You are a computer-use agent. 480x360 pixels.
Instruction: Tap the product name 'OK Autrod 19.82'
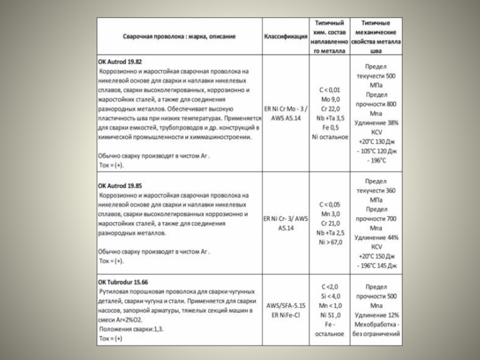coord(120,61)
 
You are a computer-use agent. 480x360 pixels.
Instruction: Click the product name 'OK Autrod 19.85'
coord(120,186)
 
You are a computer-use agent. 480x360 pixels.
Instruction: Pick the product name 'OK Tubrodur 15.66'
coord(124,281)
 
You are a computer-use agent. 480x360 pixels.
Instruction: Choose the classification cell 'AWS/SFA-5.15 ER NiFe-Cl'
coord(286,310)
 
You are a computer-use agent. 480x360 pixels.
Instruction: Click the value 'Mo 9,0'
coord(331,99)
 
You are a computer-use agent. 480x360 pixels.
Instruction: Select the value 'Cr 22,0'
coord(331,109)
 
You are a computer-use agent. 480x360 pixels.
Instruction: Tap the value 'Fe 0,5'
coord(331,128)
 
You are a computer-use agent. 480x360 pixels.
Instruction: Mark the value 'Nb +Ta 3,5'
coord(331,118)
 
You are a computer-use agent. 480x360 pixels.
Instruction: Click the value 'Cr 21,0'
coord(331,223)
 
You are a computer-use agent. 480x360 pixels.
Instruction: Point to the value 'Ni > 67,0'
coord(331,242)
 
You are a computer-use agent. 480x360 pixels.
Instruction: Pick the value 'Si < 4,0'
coord(331,296)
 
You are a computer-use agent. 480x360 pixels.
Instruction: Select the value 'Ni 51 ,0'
coord(331,315)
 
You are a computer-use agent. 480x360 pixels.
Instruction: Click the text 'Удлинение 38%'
coord(376,123)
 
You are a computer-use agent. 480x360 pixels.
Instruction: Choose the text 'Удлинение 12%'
coord(376,315)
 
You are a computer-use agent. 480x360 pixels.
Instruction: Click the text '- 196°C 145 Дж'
coord(376,266)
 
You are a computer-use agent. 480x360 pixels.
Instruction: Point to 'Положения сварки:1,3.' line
coord(130,329)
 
